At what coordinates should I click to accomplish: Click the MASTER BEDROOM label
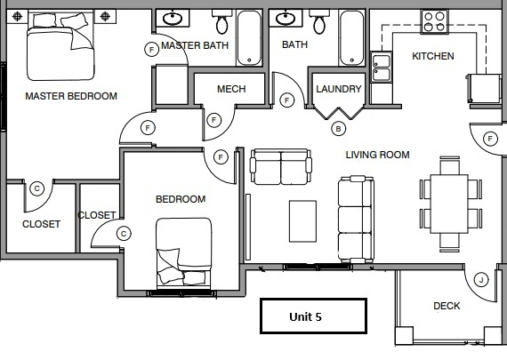[71, 96]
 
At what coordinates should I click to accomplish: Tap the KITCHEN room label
[433, 56]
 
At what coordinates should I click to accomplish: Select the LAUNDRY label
[338, 89]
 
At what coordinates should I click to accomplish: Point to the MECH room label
[231, 89]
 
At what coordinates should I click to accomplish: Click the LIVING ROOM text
[377, 155]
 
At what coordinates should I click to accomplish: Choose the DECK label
[447, 306]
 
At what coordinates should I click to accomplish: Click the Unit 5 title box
[311, 315]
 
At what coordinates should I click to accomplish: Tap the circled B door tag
[337, 128]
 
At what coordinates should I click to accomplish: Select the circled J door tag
[480, 280]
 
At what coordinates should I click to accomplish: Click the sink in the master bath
[172, 20]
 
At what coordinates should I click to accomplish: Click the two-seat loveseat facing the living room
[280, 166]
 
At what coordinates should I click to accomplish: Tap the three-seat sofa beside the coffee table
[354, 219]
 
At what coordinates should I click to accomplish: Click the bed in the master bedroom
[60, 50]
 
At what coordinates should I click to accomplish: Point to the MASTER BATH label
[195, 45]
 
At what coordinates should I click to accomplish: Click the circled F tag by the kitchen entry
[490, 138]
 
